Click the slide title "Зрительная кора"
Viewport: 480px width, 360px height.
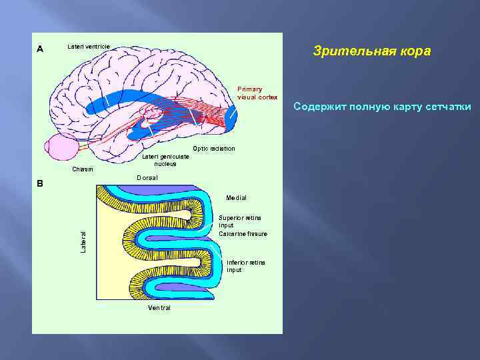[x=372, y=51]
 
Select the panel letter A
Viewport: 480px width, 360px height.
[x=40, y=49]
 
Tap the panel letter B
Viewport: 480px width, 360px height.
[x=39, y=183]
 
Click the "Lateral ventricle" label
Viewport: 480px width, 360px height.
[x=89, y=46]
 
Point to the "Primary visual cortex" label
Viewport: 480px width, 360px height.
[x=257, y=93]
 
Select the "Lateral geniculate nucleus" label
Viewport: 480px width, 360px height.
[x=165, y=160]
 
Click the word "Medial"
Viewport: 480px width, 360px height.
[x=236, y=198]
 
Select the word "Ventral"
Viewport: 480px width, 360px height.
[x=159, y=308]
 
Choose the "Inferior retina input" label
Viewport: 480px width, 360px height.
[x=245, y=266]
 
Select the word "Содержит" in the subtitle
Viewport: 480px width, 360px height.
[x=317, y=107]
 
